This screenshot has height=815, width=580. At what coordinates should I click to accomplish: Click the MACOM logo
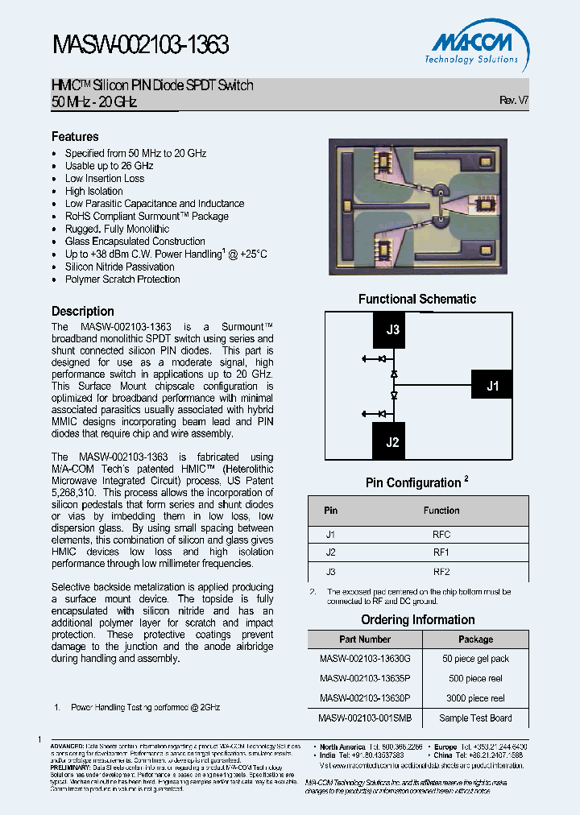[473, 46]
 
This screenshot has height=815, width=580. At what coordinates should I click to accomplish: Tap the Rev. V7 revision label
[513, 101]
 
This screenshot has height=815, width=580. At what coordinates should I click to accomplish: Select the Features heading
[75, 137]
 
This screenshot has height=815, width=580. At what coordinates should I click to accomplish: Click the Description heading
[83, 311]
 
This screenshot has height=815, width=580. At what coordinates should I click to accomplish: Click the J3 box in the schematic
[392, 329]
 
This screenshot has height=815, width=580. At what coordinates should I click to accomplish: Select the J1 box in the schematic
[492, 386]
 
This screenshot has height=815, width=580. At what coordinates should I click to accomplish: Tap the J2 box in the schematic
[392, 441]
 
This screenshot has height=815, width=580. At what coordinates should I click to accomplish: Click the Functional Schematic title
[416, 299]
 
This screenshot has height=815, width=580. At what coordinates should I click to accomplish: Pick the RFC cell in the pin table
[441, 535]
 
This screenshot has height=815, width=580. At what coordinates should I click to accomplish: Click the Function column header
[441, 511]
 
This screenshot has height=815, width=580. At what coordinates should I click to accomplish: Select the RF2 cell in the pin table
[441, 572]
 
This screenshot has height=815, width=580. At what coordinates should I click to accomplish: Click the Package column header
[475, 639]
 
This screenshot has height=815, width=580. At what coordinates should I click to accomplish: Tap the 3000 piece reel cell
[475, 698]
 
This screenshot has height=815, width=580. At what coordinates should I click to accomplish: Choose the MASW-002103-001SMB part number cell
[365, 718]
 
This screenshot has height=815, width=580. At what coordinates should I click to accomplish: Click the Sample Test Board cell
[475, 718]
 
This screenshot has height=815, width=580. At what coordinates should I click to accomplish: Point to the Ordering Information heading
[417, 619]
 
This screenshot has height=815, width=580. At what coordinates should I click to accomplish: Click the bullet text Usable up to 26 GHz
[109, 166]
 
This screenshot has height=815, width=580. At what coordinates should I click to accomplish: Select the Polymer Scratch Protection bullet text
[122, 279]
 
